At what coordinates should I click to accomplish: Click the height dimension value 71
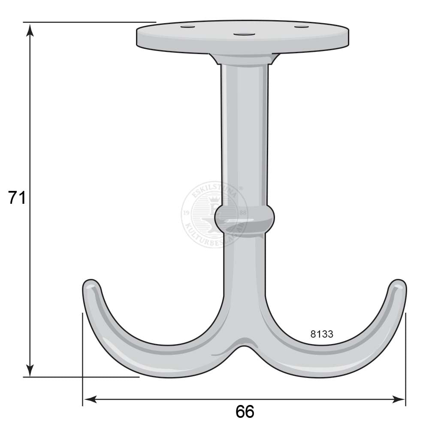pyautogui.click(x=17, y=198)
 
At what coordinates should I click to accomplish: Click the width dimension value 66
pyautogui.click(x=245, y=412)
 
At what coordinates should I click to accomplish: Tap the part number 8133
pyautogui.click(x=322, y=334)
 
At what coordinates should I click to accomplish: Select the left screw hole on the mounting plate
pyautogui.click(x=187, y=27)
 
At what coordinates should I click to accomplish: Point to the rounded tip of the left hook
pyautogui.click(x=91, y=285)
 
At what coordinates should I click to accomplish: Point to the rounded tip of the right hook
pyautogui.click(x=397, y=285)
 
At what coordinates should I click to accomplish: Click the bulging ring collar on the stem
pyautogui.click(x=244, y=219)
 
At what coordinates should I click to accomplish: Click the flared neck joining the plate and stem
pyautogui.click(x=244, y=59)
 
